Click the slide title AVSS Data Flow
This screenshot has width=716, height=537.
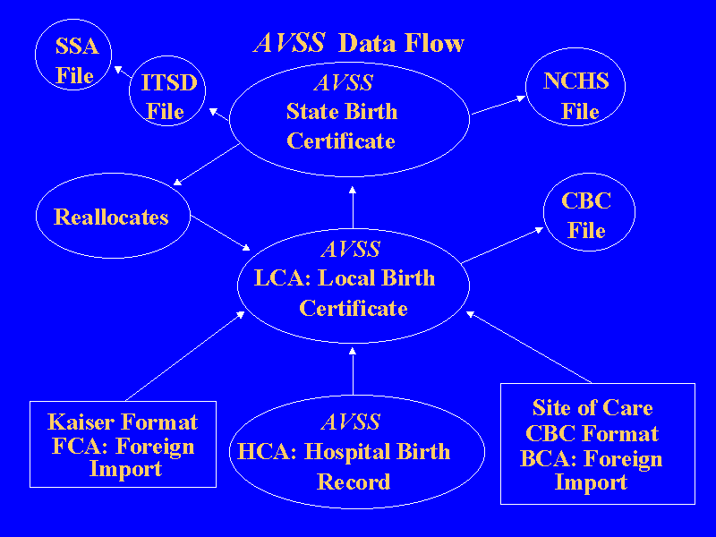click(x=360, y=43)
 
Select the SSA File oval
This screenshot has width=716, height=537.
click(x=75, y=61)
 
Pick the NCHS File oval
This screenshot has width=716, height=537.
click(x=575, y=97)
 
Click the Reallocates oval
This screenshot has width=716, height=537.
click(x=112, y=217)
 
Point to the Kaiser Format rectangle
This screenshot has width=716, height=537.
click(x=124, y=445)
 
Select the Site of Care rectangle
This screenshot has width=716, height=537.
click(x=592, y=444)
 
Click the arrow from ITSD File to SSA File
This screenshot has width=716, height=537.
click(x=126, y=72)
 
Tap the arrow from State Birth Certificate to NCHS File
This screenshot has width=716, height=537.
click(x=498, y=106)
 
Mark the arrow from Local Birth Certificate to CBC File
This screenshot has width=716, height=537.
click(x=502, y=244)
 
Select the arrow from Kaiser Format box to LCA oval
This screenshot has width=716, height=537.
click(x=184, y=355)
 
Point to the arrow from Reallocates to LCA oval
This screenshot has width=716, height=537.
click(x=220, y=234)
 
